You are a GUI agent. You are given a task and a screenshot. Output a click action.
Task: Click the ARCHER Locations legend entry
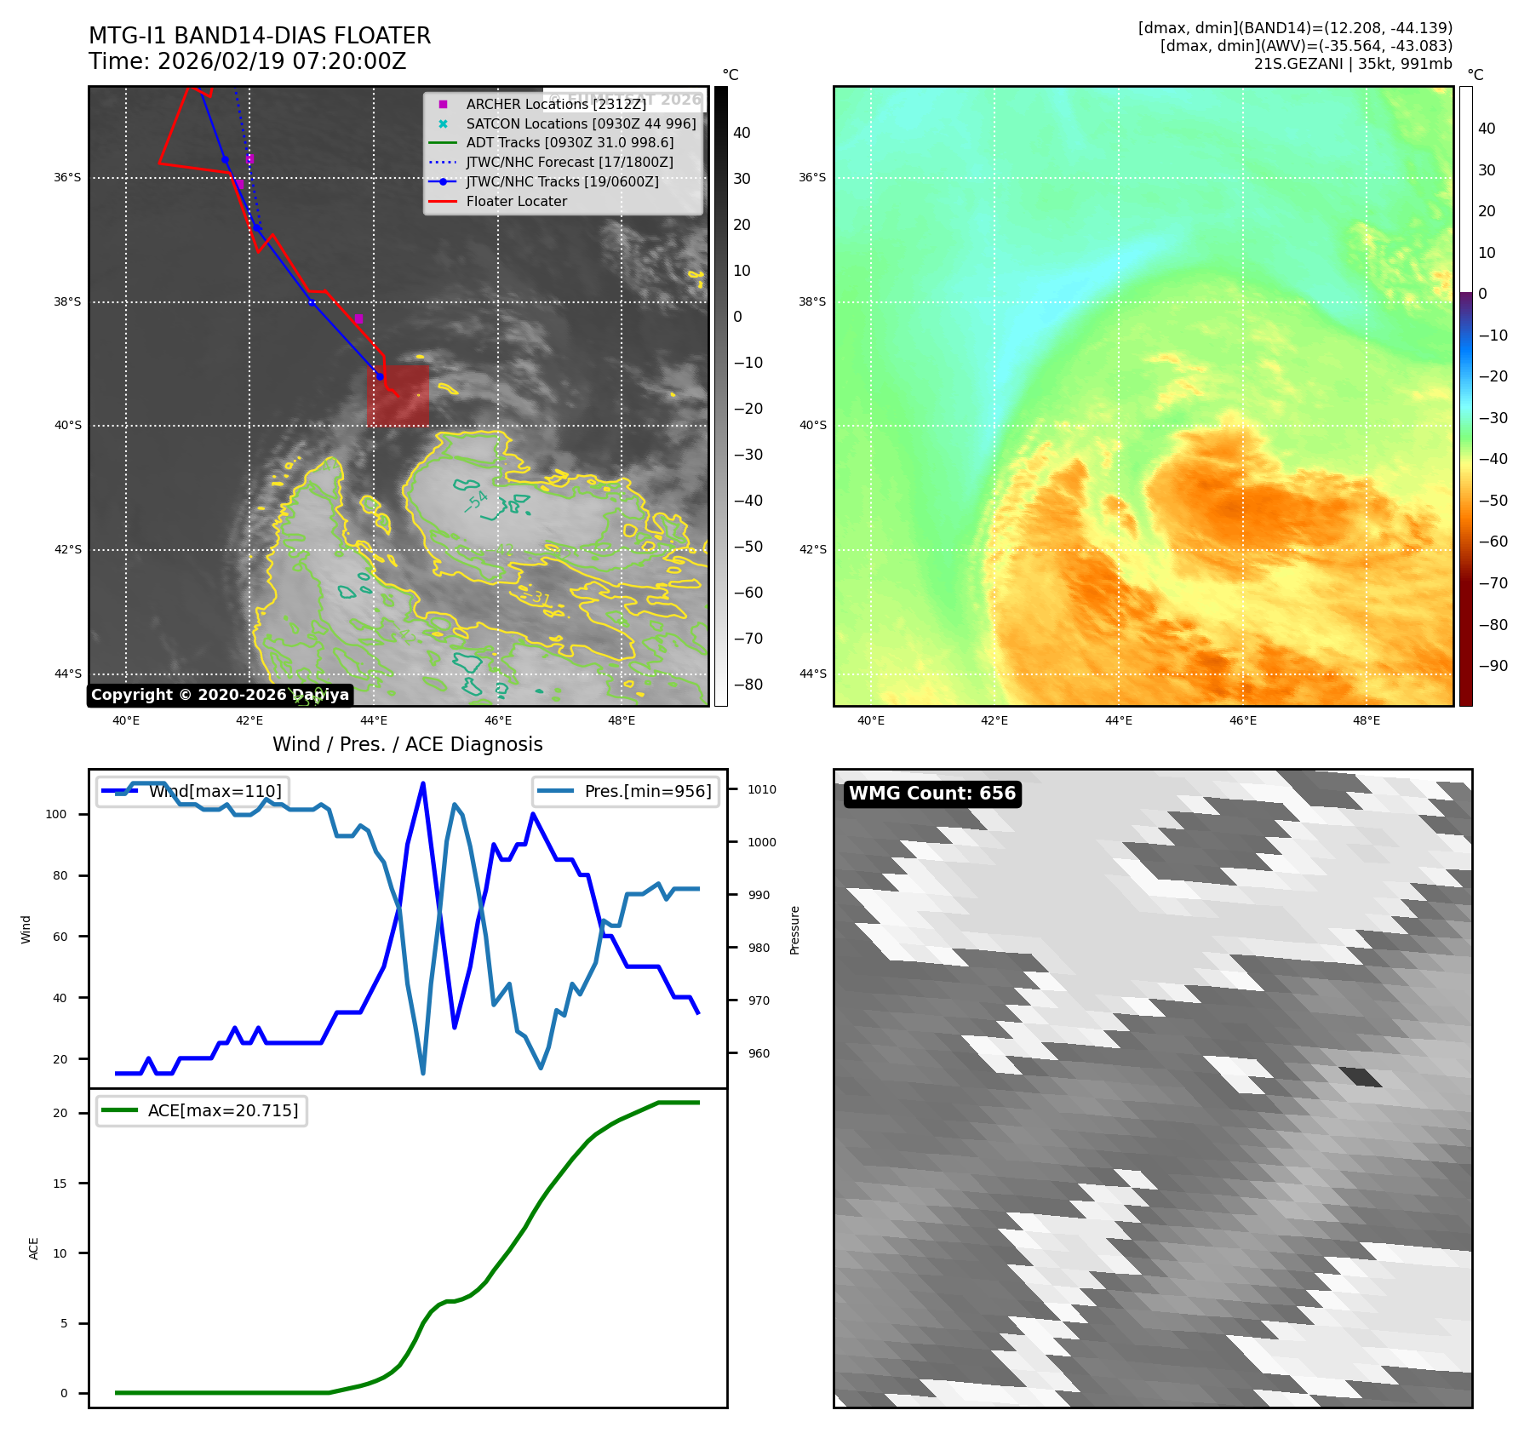point(555,104)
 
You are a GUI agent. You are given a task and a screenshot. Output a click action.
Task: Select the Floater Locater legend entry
point(516,202)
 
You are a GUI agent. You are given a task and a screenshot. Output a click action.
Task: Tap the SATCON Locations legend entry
point(580,123)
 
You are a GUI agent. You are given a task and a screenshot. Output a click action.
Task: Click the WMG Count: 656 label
point(931,794)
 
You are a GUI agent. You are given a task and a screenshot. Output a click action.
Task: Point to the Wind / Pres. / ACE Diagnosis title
point(407,744)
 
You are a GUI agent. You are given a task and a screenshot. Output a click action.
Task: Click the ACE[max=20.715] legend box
point(202,1110)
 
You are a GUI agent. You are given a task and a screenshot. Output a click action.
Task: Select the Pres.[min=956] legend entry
point(627,791)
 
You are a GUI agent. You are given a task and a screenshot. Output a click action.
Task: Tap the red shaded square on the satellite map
point(398,396)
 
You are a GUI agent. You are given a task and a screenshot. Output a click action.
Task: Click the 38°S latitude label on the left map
point(67,301)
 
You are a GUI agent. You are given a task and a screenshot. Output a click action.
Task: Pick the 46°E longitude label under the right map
point(1242,720)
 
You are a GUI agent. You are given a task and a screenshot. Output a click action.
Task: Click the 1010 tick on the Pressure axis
point(762,789)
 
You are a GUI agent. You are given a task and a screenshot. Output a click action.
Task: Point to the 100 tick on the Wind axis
point(55,814)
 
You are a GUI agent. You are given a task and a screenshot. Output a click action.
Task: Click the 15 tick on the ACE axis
point(60,1184)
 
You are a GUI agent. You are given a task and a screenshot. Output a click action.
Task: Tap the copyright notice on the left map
point(220,695)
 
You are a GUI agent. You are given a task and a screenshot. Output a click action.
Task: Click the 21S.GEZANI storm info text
point(1352,64)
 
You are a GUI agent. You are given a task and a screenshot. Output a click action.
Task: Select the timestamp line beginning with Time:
point(247,61)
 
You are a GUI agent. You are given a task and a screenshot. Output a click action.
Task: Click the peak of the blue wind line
point(423,783)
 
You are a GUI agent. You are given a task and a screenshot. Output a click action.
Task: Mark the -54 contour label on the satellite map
point(477,501)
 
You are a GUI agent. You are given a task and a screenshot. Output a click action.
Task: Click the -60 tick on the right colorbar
point(1493,542)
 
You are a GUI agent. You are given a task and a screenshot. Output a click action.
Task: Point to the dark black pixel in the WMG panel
point(1361,1077)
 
